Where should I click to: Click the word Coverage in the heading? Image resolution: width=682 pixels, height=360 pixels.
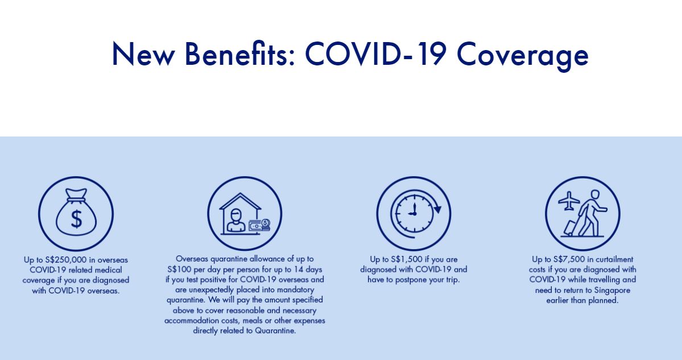pos(522,56)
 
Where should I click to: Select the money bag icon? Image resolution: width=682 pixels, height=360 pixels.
pos(76,213)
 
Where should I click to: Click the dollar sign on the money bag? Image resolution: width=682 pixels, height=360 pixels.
pos(76,219)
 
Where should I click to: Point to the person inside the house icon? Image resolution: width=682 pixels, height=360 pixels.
pos(236,220)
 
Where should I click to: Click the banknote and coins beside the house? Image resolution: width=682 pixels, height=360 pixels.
pos(260,225)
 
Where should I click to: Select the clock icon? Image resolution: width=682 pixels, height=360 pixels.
pos(414,213)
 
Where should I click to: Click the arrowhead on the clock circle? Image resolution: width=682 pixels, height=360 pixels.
pos(437,209)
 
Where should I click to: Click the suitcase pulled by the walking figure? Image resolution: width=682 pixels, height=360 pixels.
pos(570,228)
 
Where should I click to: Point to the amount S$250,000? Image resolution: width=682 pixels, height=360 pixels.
pos(66,260)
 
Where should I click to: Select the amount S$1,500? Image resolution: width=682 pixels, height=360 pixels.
pos(407,259)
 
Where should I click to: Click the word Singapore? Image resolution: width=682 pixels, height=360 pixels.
pos(611,291)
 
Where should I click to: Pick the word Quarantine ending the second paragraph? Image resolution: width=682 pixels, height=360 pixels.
pos(275,331)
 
